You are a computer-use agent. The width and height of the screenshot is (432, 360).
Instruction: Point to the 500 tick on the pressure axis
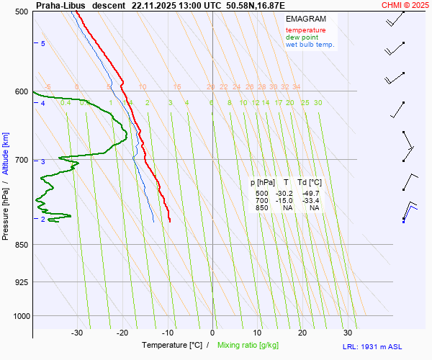[x=21, y=12]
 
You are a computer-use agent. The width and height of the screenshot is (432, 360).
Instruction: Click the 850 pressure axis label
[x=21, y=245]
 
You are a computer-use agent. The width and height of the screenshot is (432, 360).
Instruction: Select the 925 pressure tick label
[x=21, y=282]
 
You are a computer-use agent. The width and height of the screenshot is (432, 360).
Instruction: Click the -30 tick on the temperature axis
[x=77, y=333]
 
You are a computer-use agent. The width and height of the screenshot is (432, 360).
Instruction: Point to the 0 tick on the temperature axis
[x=212, y=333]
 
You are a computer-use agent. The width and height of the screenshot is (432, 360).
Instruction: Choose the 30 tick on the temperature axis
[x=348, y=333]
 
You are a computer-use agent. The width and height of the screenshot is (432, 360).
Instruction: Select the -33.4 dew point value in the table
[x=310, y=201]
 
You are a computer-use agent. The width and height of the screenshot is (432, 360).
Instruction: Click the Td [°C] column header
[x=310, y=183]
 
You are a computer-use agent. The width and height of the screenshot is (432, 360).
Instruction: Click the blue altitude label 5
[x=43, y=44]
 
